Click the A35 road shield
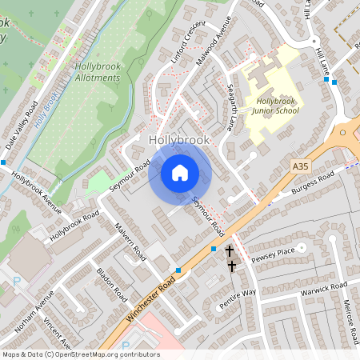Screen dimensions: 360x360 coord(299,166)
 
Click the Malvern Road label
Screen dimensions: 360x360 coord(129,240)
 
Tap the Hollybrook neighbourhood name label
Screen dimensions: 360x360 coord(179,139)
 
